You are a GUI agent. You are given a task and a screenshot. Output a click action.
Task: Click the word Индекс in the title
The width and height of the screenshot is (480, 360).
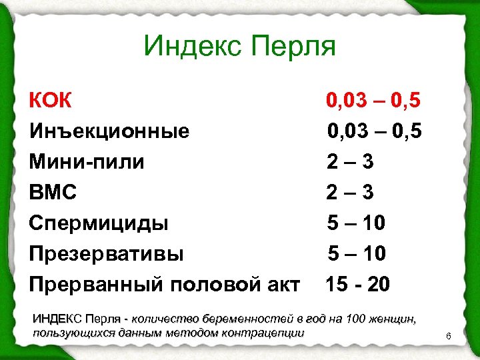(x=192, y=47)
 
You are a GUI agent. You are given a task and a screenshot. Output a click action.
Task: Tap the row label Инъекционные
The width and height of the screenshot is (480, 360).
(x=109, y=131)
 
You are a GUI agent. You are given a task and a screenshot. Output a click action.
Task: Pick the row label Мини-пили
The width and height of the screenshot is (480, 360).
(x=87, y=162)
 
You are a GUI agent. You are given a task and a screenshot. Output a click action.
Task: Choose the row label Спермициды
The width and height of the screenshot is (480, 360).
(x=99, y=223)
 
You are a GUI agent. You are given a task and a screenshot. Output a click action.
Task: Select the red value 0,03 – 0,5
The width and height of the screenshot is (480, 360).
(x=373, y=101)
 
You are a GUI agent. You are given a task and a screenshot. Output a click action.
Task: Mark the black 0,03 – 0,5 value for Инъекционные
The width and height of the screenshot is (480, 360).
(x=374, y=131)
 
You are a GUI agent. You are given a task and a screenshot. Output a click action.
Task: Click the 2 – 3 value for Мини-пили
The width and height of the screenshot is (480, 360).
(x=349, y=162)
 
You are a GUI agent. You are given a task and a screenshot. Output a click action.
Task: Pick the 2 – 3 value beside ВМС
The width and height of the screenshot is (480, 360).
(x=349, y=193)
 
